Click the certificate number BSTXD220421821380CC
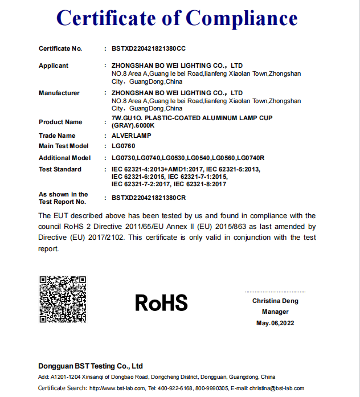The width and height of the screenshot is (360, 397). (149, 48)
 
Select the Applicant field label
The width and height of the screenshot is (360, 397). (54, 66)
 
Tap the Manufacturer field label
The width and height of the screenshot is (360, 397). (59, 93)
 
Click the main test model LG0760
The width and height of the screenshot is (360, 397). (125, 146)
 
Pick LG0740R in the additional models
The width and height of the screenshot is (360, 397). (251, 158)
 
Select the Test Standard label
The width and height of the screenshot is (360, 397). (60, 169)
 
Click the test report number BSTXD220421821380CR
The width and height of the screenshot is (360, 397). (149, 198)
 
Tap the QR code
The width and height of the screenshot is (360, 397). (63, 299)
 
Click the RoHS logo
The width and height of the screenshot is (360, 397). (161, 302)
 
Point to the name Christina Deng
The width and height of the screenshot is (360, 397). (275, 301)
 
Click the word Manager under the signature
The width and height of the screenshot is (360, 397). (275, 312)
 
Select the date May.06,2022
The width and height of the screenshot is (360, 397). (275, 323)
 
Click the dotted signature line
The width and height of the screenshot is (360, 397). (275, 292)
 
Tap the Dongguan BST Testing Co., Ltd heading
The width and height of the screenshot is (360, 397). (91, 366)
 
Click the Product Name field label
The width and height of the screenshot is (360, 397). (60, 122)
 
